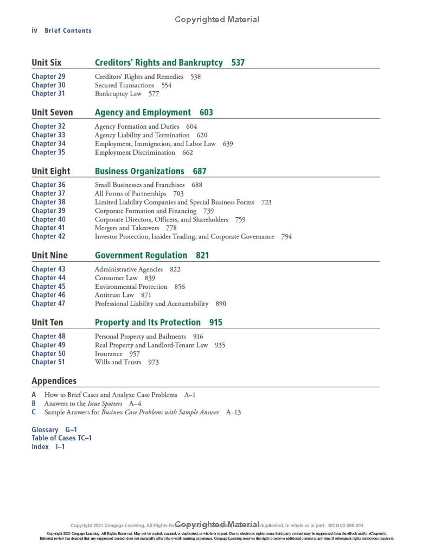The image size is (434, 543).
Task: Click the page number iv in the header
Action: click(34, 30)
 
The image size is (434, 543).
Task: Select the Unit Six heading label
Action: click(47, 62)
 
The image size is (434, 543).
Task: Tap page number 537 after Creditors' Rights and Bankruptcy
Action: click(238, 62)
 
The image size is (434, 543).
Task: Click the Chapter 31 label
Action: click(48, 93)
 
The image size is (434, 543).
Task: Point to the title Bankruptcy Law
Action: click(118, 93)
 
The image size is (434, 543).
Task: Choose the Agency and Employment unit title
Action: click(143, 112)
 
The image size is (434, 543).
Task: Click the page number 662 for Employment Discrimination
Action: click(187, 152)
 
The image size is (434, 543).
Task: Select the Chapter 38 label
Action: click(48, 202)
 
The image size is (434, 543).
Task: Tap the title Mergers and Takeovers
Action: click(127, 228)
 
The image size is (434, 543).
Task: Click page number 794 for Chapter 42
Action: click(286, 236)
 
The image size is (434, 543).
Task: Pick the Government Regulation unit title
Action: click(141, 255)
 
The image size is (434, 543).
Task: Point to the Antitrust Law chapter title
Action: click(114, 295)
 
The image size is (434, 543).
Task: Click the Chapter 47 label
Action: click(48, 304)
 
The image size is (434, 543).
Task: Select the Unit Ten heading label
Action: click(47, 323)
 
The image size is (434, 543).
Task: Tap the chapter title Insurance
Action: click(108, 353)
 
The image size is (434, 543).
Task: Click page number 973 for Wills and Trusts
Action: click(153, 362)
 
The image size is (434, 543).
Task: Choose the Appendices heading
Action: click(54, 381)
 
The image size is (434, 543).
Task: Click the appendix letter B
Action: click(34, 403)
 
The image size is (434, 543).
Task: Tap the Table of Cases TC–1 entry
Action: click(61, 438)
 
